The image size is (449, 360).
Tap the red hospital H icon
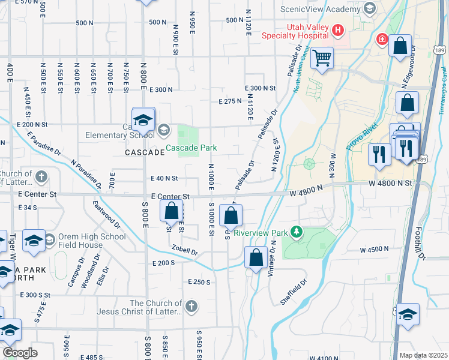click(339, 29)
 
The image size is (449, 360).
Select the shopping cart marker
click(323, 59)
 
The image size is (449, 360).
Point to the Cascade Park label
click(191, 148)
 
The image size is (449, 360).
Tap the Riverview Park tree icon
click(295, 231)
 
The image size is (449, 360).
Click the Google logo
click(20, 353)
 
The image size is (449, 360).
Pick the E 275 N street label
click(231, 101)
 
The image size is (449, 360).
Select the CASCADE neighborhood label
click(145, 152)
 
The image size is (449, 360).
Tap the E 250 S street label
click(199, 282)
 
